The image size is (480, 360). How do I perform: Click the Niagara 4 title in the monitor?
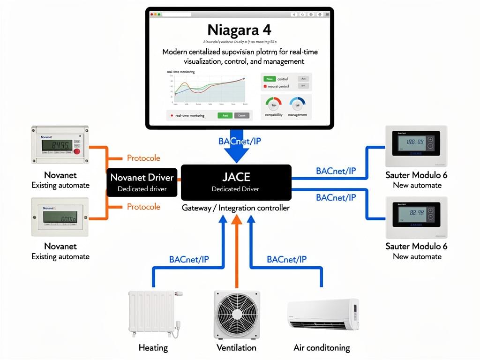tap(240, 30)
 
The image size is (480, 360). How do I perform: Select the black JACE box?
tap(236, 182)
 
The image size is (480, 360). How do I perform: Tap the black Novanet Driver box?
tap(142, 182)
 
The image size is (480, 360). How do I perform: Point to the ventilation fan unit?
tap(236, 314)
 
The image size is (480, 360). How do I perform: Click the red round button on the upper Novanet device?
tap(76, 151)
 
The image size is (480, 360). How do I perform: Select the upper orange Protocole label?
tap(143, 158)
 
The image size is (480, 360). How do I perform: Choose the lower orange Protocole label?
tap(143, 207)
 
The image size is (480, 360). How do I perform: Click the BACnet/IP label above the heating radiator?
tap(188, 259)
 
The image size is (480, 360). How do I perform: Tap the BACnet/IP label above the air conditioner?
tap(286, 259)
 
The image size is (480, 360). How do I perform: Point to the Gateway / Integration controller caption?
tap(236, 208)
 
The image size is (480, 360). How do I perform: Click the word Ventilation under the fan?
tap(236, 348)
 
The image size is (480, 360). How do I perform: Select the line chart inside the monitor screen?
tap(209, 89)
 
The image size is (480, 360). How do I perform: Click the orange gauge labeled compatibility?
tap(273, 103)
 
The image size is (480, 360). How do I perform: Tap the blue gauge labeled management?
tap(297, 103)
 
